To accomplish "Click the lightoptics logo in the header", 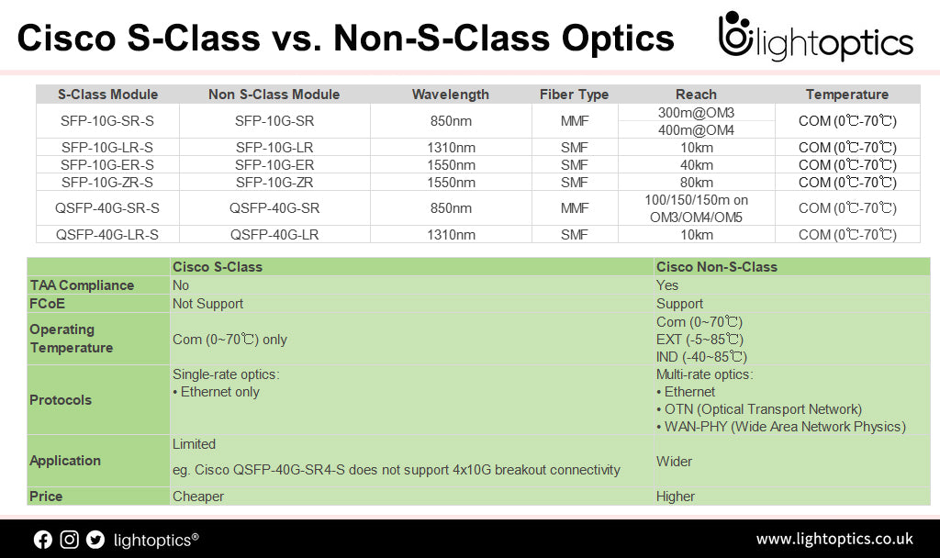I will pos(815,39).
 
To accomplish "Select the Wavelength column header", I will pos(450,95).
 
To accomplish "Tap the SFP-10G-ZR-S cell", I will pos(107,182).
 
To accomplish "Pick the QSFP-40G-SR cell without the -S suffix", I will pos(274,208).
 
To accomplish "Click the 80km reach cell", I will pos(696,182).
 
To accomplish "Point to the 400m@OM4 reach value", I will pos(696,129).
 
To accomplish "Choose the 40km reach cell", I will pos(696,164).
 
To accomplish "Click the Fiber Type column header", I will pos(575,95).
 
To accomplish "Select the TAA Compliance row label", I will pos(82,285).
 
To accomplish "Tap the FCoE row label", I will pos(48,304).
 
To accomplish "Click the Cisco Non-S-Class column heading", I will pos(716,267).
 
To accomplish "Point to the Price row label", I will pos(47,497).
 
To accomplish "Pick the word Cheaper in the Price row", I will pos(198,497).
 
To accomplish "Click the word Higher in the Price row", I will pos(676,497).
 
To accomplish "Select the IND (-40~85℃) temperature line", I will pos(701,356).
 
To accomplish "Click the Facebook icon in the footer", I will pos(43,540).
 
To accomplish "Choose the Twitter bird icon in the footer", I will pos(95,540).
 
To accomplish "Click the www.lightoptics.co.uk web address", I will pos(834,539).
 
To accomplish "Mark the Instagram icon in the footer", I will pos(69,540).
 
